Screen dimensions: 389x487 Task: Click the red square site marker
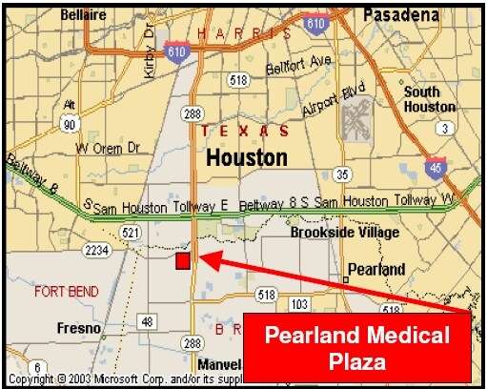point(182,260)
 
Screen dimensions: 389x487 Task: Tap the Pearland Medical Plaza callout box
point(356,348)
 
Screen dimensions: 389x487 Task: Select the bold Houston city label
point(246,155)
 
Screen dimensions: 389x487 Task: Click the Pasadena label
point(402,15)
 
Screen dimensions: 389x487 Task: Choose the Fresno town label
point(78,329)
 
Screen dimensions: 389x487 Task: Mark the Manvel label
point(219,365)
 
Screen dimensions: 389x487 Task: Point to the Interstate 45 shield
point(436,165)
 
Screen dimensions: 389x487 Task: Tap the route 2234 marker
point(95,250)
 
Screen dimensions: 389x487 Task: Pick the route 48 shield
point(147,323)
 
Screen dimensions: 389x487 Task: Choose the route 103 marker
point(299,304)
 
